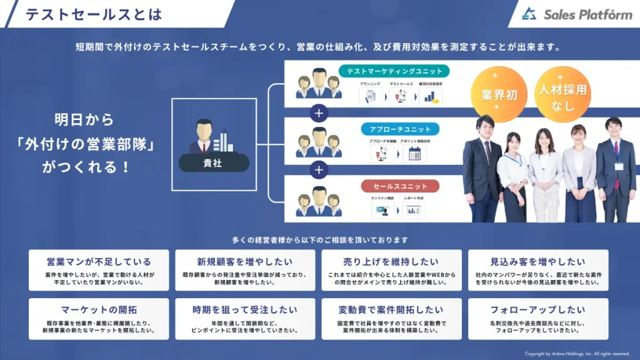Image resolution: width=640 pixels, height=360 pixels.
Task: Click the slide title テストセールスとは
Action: pos(93,14)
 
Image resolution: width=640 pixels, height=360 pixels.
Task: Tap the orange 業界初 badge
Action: pos(499,94)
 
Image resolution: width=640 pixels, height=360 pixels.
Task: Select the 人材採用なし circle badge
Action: pos(562,97)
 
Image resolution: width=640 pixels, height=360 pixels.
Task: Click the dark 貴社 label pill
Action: pos(212,163)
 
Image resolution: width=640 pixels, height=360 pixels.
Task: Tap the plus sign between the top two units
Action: pos(319,113)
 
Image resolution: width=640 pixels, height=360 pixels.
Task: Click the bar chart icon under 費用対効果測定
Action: pos(430,96)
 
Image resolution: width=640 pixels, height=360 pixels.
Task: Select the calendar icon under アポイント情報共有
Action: pos(414,154)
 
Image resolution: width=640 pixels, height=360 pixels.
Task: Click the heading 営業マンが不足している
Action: pos(99,262)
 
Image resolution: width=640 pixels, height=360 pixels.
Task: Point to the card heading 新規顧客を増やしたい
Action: pos(245,262)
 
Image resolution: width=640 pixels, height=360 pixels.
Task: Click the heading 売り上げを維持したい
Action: pos(391,262)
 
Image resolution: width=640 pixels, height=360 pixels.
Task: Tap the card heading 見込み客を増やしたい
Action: pos(537,262)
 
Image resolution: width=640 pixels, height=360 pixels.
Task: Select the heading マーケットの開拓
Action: pos(99,309)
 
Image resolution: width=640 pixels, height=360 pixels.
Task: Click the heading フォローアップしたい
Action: pos(537,309)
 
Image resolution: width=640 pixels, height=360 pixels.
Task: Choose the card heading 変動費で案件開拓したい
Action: pos(391,309)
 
